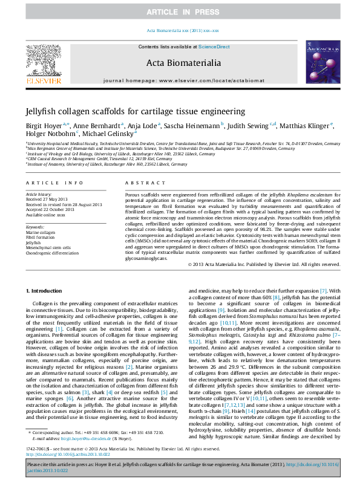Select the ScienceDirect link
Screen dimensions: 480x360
(214, 47)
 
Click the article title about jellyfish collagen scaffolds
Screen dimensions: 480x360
(135, 111)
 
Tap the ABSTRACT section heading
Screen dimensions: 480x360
(140, 182)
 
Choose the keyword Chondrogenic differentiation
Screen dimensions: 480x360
(53, 253)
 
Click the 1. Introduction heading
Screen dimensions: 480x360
(45, 291)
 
